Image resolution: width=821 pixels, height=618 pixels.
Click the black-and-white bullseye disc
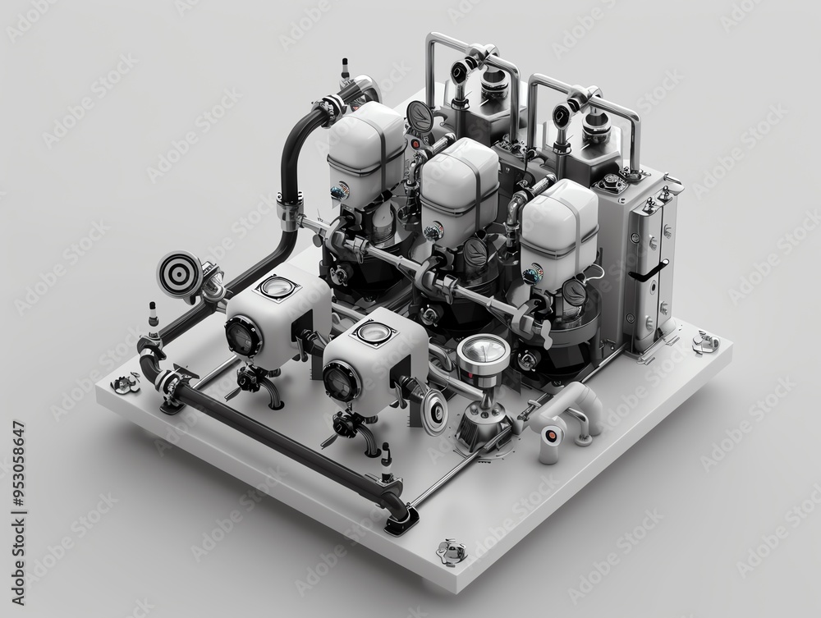[177, 270]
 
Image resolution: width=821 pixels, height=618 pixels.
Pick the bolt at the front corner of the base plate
[451, 550]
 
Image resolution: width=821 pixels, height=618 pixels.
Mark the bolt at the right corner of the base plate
[704, 341]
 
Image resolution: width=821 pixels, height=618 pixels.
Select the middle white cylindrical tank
[459, 185]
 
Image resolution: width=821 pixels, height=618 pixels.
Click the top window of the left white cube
[275, 288]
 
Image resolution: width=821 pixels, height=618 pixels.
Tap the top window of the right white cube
[374, 332]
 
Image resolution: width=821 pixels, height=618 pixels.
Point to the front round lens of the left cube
[243, 335]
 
